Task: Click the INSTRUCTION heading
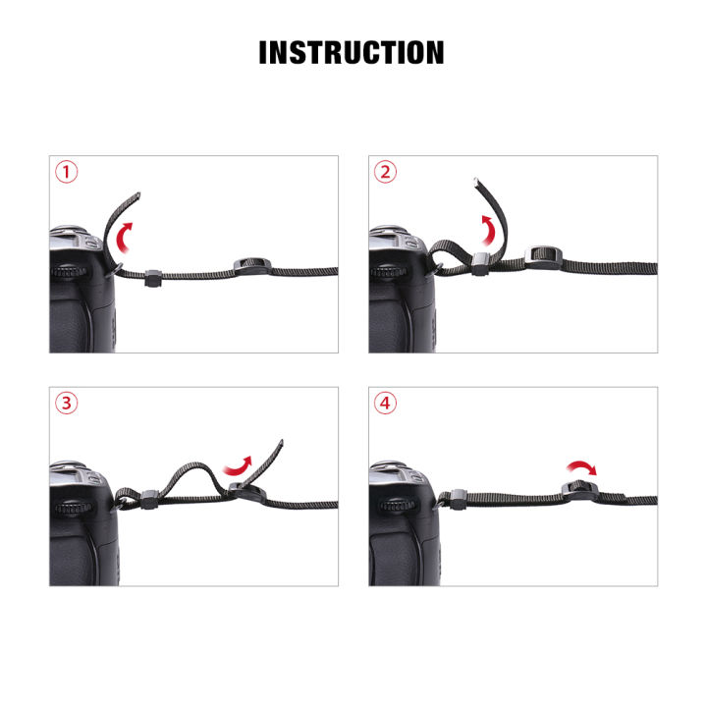(352, 52)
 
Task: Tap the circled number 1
(66, 174)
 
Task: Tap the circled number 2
(386, 174)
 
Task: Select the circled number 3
(66, 404)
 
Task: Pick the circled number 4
(386, 404)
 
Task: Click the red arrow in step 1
(123, 237)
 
